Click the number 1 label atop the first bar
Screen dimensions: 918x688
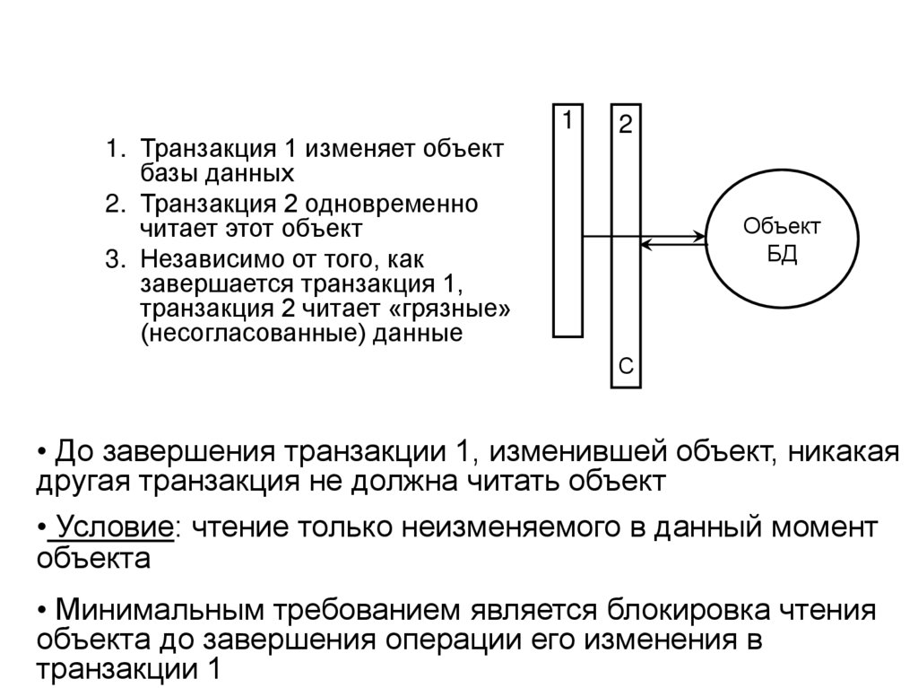[567, 119]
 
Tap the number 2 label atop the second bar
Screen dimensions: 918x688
[625, 125]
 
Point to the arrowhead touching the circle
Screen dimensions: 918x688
[701, 237]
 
